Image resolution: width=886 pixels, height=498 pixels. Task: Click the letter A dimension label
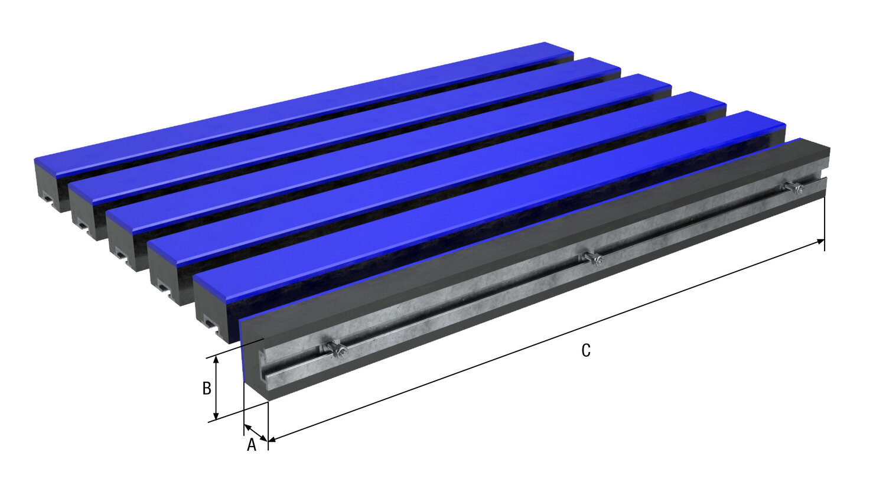pyautogui.click(x=252, y=445)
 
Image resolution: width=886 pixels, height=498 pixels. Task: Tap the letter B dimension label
pyautogui.click(x=207, y=388)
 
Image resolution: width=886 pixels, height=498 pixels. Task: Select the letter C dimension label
pyautogui.click(x=585, y=350)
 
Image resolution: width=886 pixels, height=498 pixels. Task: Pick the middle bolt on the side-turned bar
pyautogui.click(x=592, y=258)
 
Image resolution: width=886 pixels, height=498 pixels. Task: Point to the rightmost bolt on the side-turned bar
pyautogui.click(x=793, y=188)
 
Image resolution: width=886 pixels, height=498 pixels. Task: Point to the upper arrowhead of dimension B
pyautogui.click(x=217, y=360)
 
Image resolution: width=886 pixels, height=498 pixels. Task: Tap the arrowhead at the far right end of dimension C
pyautogui.click(x=821, y=241)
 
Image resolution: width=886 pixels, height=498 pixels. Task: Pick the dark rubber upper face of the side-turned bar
pyautogui.click(x=532, y=236)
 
